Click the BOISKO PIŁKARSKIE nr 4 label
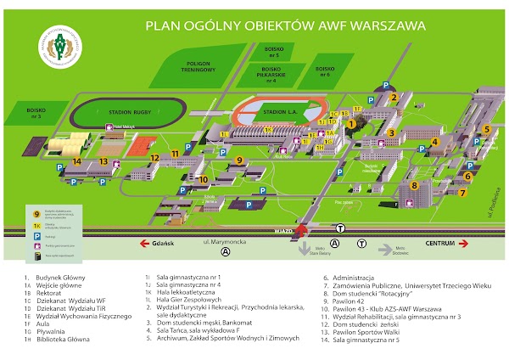click(271, 77)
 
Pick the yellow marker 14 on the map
click(77, 160)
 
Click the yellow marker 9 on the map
click(239, 160)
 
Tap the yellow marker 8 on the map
click(413, 185)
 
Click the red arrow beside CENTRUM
click(465, 243)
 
